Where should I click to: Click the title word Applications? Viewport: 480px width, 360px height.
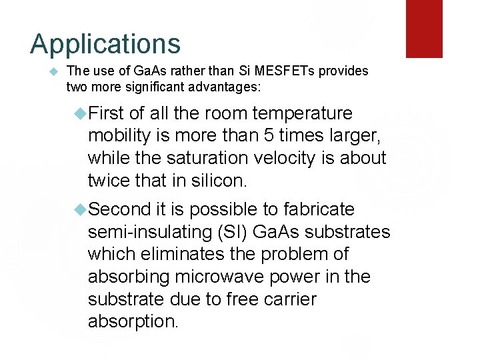[105, 44]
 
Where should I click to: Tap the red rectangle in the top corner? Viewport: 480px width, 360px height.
[424, 28]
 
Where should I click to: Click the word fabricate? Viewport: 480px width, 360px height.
[319, 209]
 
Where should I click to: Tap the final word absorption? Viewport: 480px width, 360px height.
[133, 321]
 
